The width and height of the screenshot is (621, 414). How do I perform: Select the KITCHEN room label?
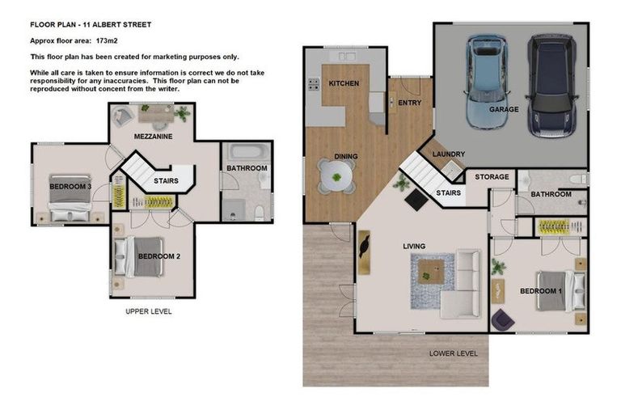click(x=344, y=83)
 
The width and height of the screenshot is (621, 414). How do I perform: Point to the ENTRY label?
click(x=410, y=103)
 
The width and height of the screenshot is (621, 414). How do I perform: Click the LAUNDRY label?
click(x=449, y=154)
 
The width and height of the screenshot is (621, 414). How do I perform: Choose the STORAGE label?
click(x=492, y=176)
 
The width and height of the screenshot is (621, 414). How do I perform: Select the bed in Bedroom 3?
click(x=70, y=195)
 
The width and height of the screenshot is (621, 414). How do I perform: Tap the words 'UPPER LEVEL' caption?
click(x=148, y=311)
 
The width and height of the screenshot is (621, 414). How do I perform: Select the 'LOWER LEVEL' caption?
click(x=453, y=353)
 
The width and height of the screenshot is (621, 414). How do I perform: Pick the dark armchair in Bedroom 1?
click(x=502, y=320)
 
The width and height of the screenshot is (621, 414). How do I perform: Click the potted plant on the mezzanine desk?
click(x=182, y=115)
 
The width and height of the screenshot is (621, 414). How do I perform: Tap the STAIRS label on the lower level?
click(x=448, y=193)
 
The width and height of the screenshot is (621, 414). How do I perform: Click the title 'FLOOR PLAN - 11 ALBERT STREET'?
click(x=91, y=24)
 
